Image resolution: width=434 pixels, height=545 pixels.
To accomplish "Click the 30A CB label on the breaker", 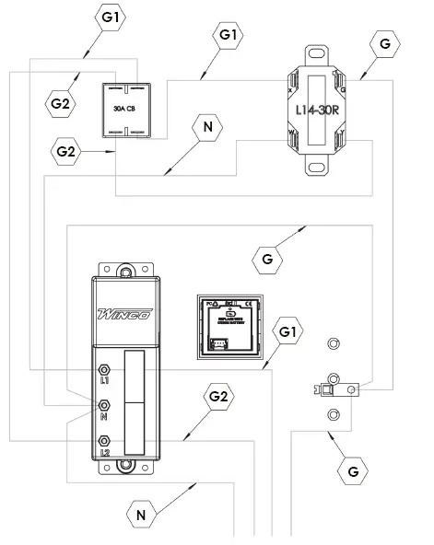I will [x=125, y=108].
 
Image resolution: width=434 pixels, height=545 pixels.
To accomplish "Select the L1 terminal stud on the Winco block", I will [x=104, y=370].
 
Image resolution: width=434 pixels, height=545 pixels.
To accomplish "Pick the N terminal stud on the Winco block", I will [x=104, y=405].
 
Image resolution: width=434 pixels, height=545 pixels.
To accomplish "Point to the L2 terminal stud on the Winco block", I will [x=104, y=442].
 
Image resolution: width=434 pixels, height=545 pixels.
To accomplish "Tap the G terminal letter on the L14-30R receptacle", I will [x=343, y=89].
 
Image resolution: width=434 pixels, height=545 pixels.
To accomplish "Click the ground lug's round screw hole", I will [x=352, y=390].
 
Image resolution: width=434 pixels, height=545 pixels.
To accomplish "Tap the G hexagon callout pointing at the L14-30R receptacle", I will [x=384, y=42].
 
